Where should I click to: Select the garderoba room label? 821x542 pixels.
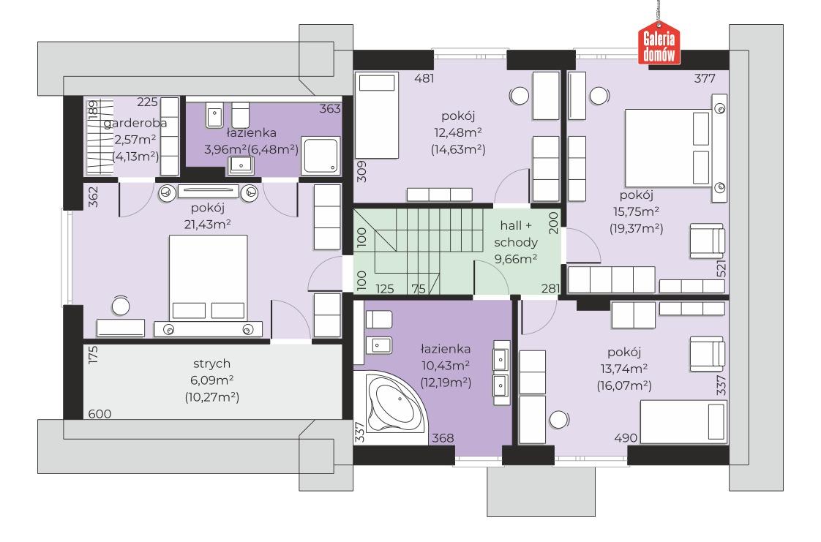(135, 123)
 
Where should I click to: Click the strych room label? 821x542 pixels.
(211, 364)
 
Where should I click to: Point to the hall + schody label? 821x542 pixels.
(516, 234)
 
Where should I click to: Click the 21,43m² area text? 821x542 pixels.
(208, 225)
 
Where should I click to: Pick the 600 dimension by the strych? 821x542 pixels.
(100, 414)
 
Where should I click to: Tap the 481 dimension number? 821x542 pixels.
(424, 78)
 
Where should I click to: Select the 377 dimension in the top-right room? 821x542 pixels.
(705, 78)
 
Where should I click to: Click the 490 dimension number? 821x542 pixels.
(626, 438)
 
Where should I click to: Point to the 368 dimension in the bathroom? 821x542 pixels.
(443, 438)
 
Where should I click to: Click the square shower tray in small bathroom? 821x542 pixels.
(320, 156)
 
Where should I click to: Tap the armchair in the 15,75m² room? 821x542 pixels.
(708, 241)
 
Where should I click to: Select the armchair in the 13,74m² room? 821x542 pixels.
(708, 354)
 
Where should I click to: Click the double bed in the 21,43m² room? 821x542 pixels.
(208, 285)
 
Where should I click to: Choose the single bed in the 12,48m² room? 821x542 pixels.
(377, 115)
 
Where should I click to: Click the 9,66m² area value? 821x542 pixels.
(516, 259)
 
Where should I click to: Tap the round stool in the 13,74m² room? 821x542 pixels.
(559, 420)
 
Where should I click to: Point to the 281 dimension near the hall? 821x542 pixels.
(551, 288)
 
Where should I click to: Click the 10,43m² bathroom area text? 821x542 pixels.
(446, 366)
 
